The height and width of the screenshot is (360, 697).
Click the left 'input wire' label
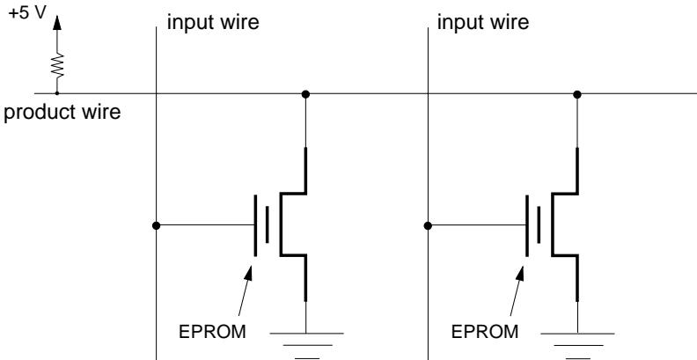tap(209, 25)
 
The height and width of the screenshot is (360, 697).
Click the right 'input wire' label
tap(481, 25)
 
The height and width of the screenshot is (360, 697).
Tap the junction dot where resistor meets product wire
tap(57, 92)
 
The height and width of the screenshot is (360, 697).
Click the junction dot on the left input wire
tap(156, 225)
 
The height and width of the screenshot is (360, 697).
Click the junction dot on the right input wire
tap(428, 225)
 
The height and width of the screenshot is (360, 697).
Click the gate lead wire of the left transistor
tap(207, 225)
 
